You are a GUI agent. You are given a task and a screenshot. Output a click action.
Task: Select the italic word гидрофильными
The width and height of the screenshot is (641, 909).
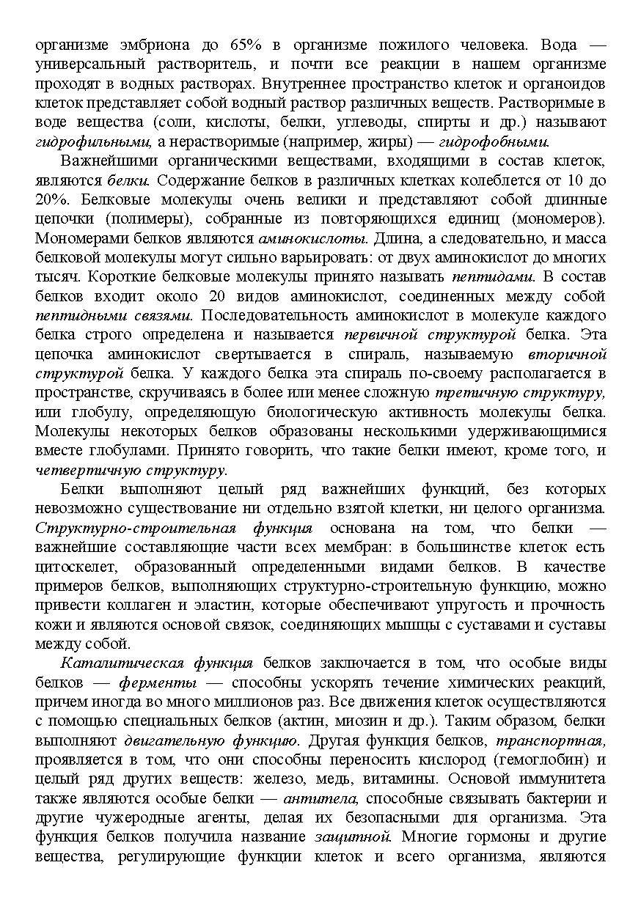[x=93, y=141]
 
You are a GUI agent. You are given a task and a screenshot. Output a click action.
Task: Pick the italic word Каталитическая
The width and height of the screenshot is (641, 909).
[x=120, y=663]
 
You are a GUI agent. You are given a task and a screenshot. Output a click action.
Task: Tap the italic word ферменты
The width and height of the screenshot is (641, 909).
[x=157, y=683]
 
